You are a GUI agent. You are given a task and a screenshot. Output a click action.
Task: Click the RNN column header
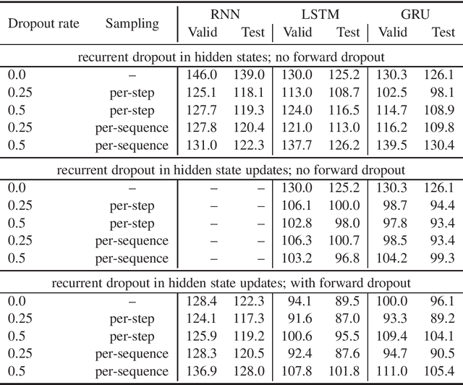pos(226,13)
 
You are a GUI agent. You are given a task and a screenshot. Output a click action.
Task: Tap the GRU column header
pos(417,13)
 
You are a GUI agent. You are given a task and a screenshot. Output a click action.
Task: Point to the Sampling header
pos(132,22)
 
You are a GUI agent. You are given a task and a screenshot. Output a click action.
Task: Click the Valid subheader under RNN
pos(202,32)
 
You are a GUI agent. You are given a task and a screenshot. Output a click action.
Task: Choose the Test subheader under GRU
pos(443,32)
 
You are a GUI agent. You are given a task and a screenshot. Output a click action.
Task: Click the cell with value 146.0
pos(203,74)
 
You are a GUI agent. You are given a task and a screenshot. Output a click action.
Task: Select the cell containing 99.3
pos(443,258)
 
